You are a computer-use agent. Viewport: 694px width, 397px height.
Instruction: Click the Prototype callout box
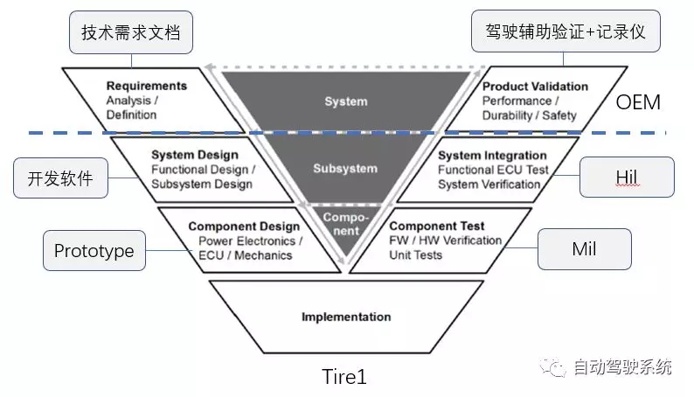click(x=94, y=251)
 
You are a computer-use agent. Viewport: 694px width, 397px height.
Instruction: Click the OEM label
click(x=638, y=102)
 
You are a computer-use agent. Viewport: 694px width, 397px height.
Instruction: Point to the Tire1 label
click(x=344, y=377)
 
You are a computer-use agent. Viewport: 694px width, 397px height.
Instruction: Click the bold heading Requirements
click(x=147, y=87)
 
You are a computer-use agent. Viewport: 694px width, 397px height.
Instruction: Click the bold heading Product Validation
click(x=535, y=87)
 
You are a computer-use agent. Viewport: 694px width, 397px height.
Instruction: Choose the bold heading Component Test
click(x=436, y=226)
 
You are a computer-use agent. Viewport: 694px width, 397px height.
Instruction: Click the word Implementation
click(x=346, y=317)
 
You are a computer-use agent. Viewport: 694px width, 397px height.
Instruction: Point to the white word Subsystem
click(x=345, y=168)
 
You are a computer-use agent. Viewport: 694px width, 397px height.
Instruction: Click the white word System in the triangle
click(x=345, y=101)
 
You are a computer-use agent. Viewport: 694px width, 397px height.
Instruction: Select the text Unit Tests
click(x=415, y=255)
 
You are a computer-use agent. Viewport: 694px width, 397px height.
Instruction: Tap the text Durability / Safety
click(x=535, y=115)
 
